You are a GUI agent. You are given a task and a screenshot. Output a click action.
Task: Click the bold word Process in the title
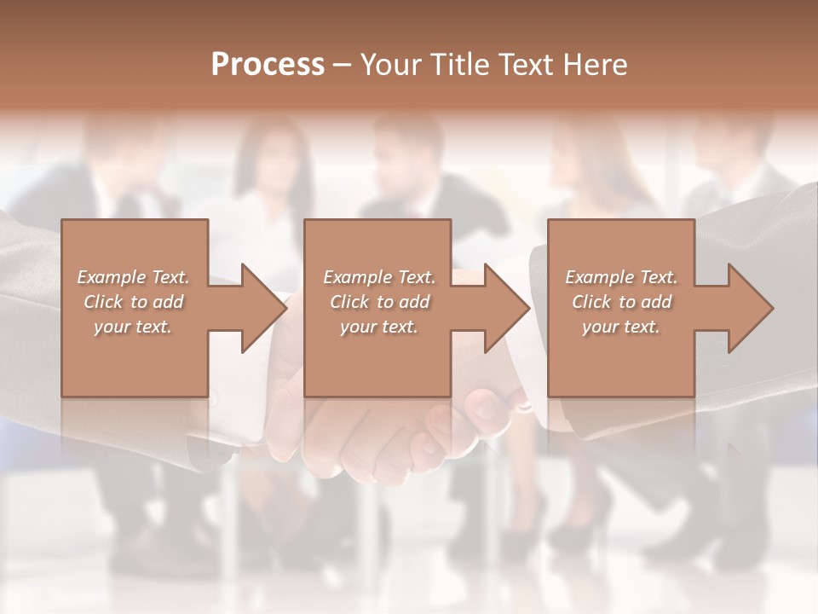[268, 65]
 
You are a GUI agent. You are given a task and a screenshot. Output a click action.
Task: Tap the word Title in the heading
[459, 65]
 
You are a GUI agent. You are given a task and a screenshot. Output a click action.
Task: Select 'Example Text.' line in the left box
[134, 277]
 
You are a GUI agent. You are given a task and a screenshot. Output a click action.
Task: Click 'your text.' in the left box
[134, 327]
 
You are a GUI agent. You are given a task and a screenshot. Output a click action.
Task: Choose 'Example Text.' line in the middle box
[379, 277]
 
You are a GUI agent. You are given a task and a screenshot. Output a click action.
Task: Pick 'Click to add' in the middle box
[379, 302]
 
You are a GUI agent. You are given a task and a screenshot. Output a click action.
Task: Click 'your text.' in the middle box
[379, 327]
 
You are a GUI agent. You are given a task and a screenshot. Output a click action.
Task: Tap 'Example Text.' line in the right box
[621, 277]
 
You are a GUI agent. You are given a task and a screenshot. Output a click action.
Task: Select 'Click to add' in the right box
[621, 302]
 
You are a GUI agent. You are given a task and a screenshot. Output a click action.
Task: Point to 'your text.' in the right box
[621, 327]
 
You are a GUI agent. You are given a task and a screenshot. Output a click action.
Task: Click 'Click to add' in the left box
[134, 302]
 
